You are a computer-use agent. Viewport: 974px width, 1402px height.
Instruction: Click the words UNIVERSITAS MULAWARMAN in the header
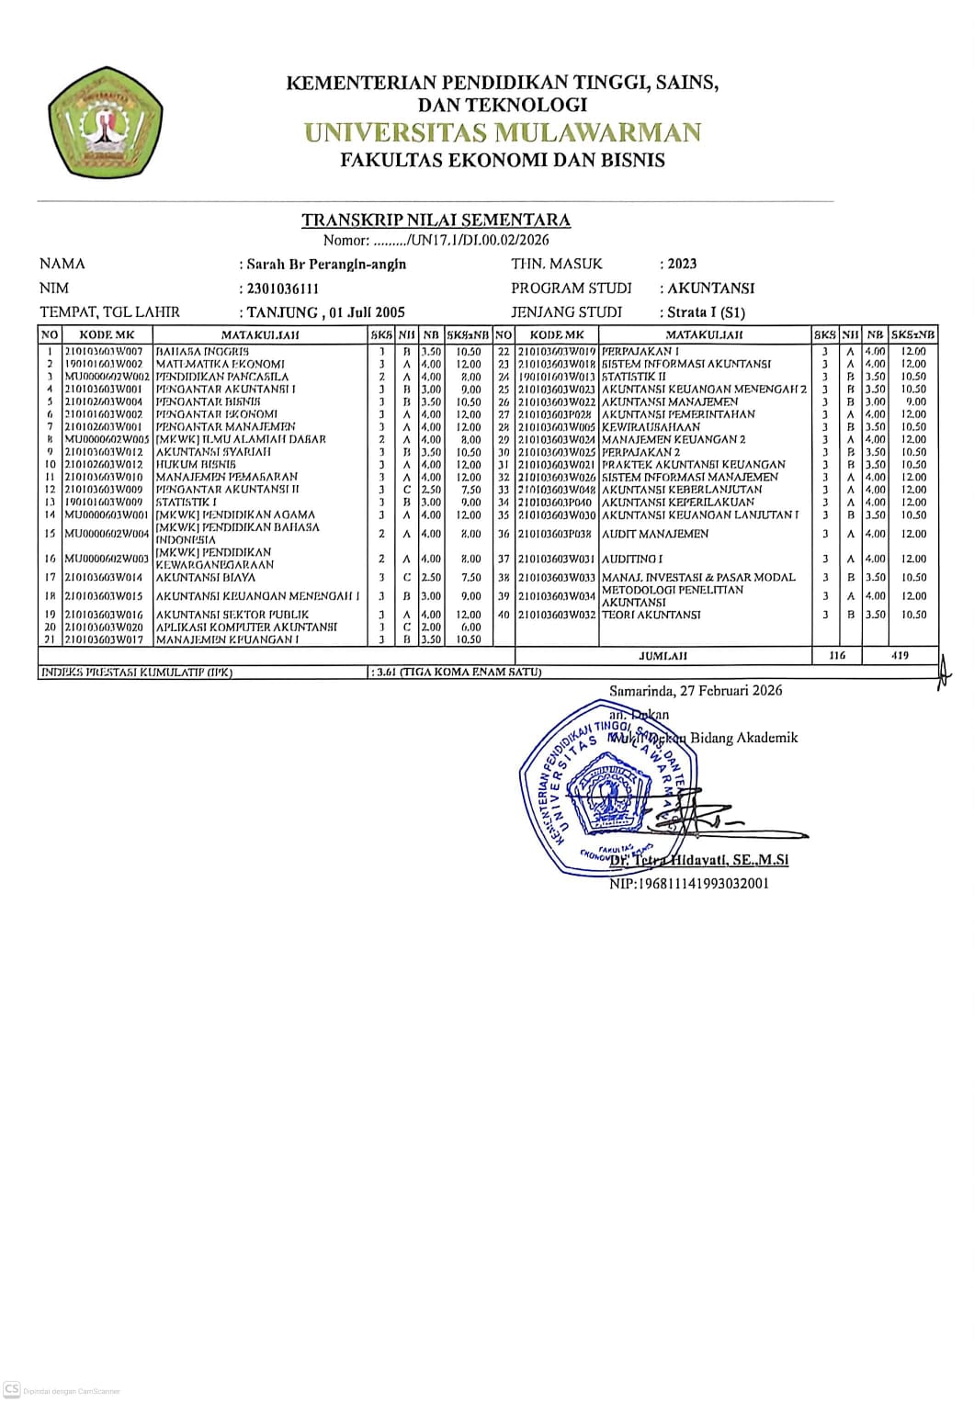coord(503,132)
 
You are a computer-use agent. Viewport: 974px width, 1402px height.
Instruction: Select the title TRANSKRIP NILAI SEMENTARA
coord(436,220)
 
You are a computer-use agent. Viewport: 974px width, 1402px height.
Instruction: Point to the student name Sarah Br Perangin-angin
coord(326,265)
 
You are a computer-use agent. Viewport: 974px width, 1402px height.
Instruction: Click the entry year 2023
coord(682,264)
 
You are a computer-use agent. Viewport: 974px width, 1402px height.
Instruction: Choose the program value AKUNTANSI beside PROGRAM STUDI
coord(710,288)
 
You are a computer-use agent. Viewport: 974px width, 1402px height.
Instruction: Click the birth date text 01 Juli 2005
coord(367,312)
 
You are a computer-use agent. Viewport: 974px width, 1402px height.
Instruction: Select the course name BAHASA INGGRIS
coord(202,352)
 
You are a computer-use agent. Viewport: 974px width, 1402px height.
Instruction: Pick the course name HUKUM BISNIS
coord(196,465)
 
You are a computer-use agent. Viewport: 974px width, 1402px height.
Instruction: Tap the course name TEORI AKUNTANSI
coord(651,615)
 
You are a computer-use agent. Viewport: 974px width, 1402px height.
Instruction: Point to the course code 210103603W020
coord(104,628)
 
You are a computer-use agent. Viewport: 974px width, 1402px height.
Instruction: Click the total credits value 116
coord(836,655)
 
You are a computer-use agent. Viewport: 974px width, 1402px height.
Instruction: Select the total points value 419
coord(900,655)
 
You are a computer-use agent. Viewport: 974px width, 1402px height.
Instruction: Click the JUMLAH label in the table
coord(663,656)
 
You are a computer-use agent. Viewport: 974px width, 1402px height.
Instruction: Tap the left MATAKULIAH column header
coord(260,335)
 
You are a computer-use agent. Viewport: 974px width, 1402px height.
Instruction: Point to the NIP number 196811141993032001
coord(689,884)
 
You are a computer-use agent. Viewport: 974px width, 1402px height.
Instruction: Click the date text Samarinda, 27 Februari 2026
coord(696,691)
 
